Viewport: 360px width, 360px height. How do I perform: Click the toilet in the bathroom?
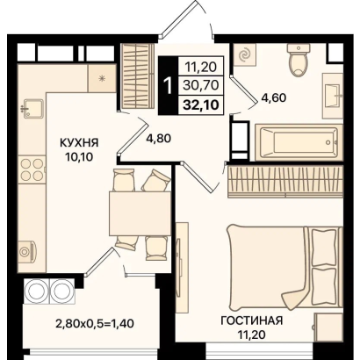pos(299,60)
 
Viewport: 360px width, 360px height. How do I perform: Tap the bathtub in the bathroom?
pos(299,142)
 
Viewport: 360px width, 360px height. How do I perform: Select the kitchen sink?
pos(32,108)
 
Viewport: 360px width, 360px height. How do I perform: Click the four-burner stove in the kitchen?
pos(32,170)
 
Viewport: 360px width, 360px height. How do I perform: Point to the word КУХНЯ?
pos(79,143)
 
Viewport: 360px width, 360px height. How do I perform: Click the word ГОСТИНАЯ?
pos(252,320)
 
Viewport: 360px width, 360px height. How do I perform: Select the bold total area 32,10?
pos(201,104)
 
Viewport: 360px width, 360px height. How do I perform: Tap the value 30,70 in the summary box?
pos(201,85)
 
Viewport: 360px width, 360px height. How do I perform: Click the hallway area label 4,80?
pos(158,138)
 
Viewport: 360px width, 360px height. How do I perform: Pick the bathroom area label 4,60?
pos(274,97)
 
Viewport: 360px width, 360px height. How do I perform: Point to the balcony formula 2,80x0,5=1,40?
pos(95,323)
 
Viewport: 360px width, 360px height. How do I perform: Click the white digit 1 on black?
pos(169,85)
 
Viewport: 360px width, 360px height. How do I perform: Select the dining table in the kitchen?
pos(140,213)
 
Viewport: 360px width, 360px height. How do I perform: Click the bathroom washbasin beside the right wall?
pos(333,96)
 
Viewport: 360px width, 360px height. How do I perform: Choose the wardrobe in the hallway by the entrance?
pos(138,77)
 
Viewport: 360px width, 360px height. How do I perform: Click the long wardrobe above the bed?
pos(285,182)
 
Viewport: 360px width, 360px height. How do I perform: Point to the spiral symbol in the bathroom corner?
pos(244,54)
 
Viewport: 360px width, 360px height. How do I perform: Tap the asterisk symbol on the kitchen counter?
pos(102,78)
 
